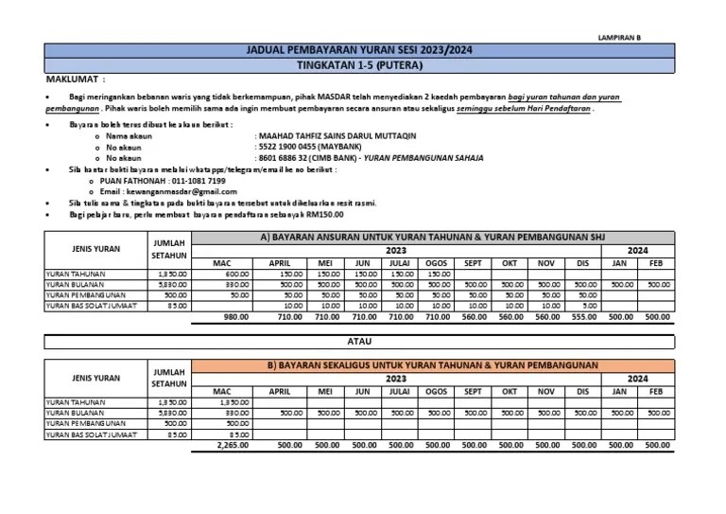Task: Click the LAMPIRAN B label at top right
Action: [x=620, y=37]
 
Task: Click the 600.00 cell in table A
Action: [x=235, y=273]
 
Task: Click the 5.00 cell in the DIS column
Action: [x=589, y=306]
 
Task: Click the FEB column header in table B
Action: [x=656, y=389]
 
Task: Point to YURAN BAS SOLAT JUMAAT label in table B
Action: [x=91, y=434]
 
